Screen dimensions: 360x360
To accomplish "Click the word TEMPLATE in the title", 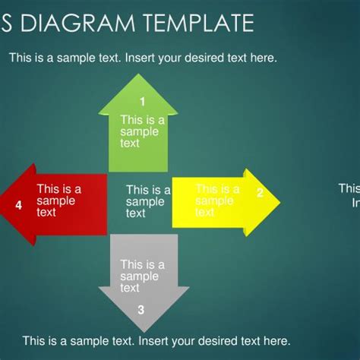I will click(x=196, y=24).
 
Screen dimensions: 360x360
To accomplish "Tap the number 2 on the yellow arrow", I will click(x=259, y=193).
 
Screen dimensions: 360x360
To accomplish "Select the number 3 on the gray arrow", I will click(x=141, y=309).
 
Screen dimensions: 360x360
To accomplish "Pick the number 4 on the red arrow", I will click(x=18, y=204).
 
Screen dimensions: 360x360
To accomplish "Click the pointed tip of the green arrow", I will click(x=132, y=76).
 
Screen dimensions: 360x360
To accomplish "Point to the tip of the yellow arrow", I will click(x=279, y=202).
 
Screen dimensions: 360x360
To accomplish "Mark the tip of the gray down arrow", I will click(x=144, y=331).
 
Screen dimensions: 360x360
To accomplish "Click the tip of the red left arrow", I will click(x=3, y=204).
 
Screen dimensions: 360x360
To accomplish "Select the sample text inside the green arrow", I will click(x=141, y=131).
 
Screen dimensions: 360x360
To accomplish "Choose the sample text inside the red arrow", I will click(x=58, y=201).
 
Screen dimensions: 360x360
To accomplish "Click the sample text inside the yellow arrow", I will click(x=217, y=201).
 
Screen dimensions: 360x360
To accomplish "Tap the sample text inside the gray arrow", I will click(x=141, y=276).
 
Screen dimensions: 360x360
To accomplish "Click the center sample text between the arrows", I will click(x=147, y=202).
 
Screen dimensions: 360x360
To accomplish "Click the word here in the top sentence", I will click(x=263, y=58).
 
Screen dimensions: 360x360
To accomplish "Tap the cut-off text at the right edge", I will click(x=349, y=195).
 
